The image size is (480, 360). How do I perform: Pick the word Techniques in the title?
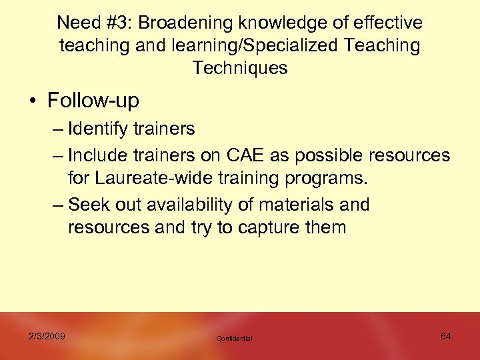tap(240, 68)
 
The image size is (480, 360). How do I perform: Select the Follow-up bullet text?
tap(93, 101)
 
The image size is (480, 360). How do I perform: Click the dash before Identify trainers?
tap(57, 129)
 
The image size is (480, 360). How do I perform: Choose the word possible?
tap(331, 156)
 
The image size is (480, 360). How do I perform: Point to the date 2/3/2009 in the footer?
tap(47, 336)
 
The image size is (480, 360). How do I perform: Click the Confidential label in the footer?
tap(235, 339)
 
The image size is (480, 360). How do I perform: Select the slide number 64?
tap(446, 336)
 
